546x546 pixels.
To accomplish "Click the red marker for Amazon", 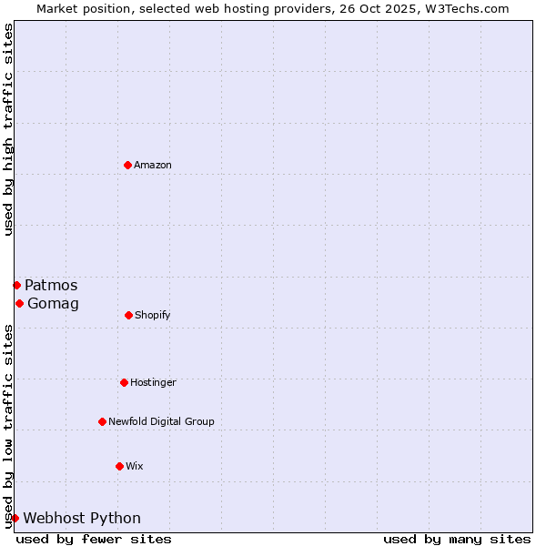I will pos(127,165).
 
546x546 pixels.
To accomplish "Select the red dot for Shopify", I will pos(128,315).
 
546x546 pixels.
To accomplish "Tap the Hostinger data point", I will pos(124,382).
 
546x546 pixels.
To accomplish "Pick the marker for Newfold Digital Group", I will pos(102,421).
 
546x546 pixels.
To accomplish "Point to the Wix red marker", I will pos(119,466).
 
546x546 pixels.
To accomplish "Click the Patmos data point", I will pos(16,285).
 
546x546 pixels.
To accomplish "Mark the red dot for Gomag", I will pos(19,303).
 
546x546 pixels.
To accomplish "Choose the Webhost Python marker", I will pos(15,518).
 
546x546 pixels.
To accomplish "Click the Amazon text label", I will pos(153,165).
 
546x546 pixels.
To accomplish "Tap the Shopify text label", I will pos(153,315).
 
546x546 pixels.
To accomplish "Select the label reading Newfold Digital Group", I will pos(161,421).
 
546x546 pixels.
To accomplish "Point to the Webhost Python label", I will pos(82,518).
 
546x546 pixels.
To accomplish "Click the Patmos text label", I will pos(51,285).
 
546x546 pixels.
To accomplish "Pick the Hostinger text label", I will pos(153,382).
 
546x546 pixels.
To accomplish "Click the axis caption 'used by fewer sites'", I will pos(94,539).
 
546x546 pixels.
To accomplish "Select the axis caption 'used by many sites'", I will pos(457,539).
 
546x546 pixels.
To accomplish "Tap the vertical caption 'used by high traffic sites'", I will pos(8,129).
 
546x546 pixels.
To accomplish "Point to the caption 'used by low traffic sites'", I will pos(8,426).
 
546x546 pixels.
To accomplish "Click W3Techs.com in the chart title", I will pos(465,8).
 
